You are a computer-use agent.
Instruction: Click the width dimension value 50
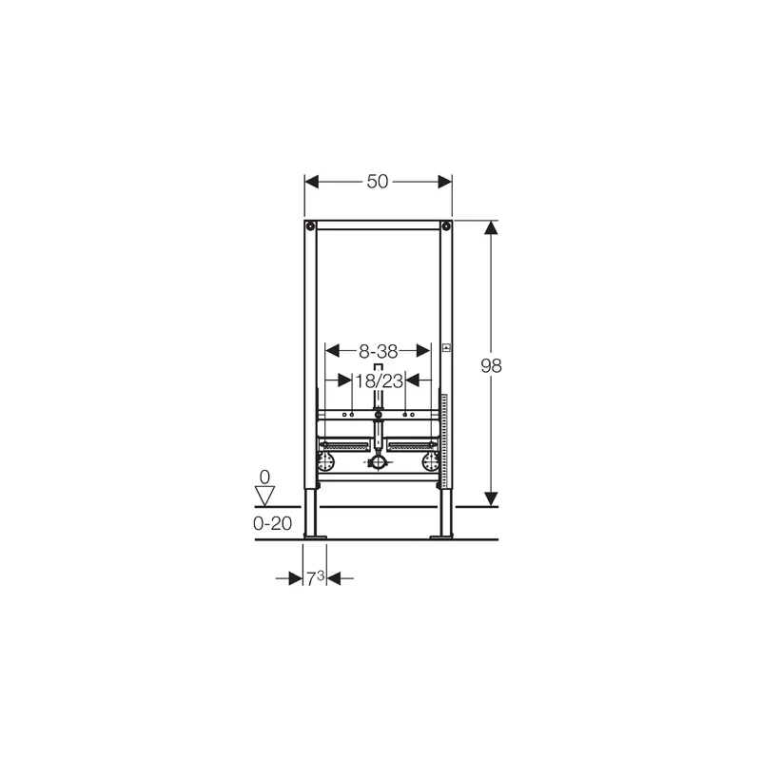[x=377, y=182]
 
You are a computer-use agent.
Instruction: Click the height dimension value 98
[x=491, y=365]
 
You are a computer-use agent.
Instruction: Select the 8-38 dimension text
[x=378, y=351]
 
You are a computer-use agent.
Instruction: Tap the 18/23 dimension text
[x=379, y=381]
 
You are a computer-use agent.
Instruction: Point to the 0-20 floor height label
[x=272, y=523]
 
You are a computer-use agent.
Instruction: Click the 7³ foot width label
[x=315, y=578]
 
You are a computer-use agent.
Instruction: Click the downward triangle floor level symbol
[x=265, y=496]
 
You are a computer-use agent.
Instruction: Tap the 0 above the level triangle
[x=264, y=478]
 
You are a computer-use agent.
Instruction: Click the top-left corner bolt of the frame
[x=310, y=225]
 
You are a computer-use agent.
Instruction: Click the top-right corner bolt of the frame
[x=445, y=225]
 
